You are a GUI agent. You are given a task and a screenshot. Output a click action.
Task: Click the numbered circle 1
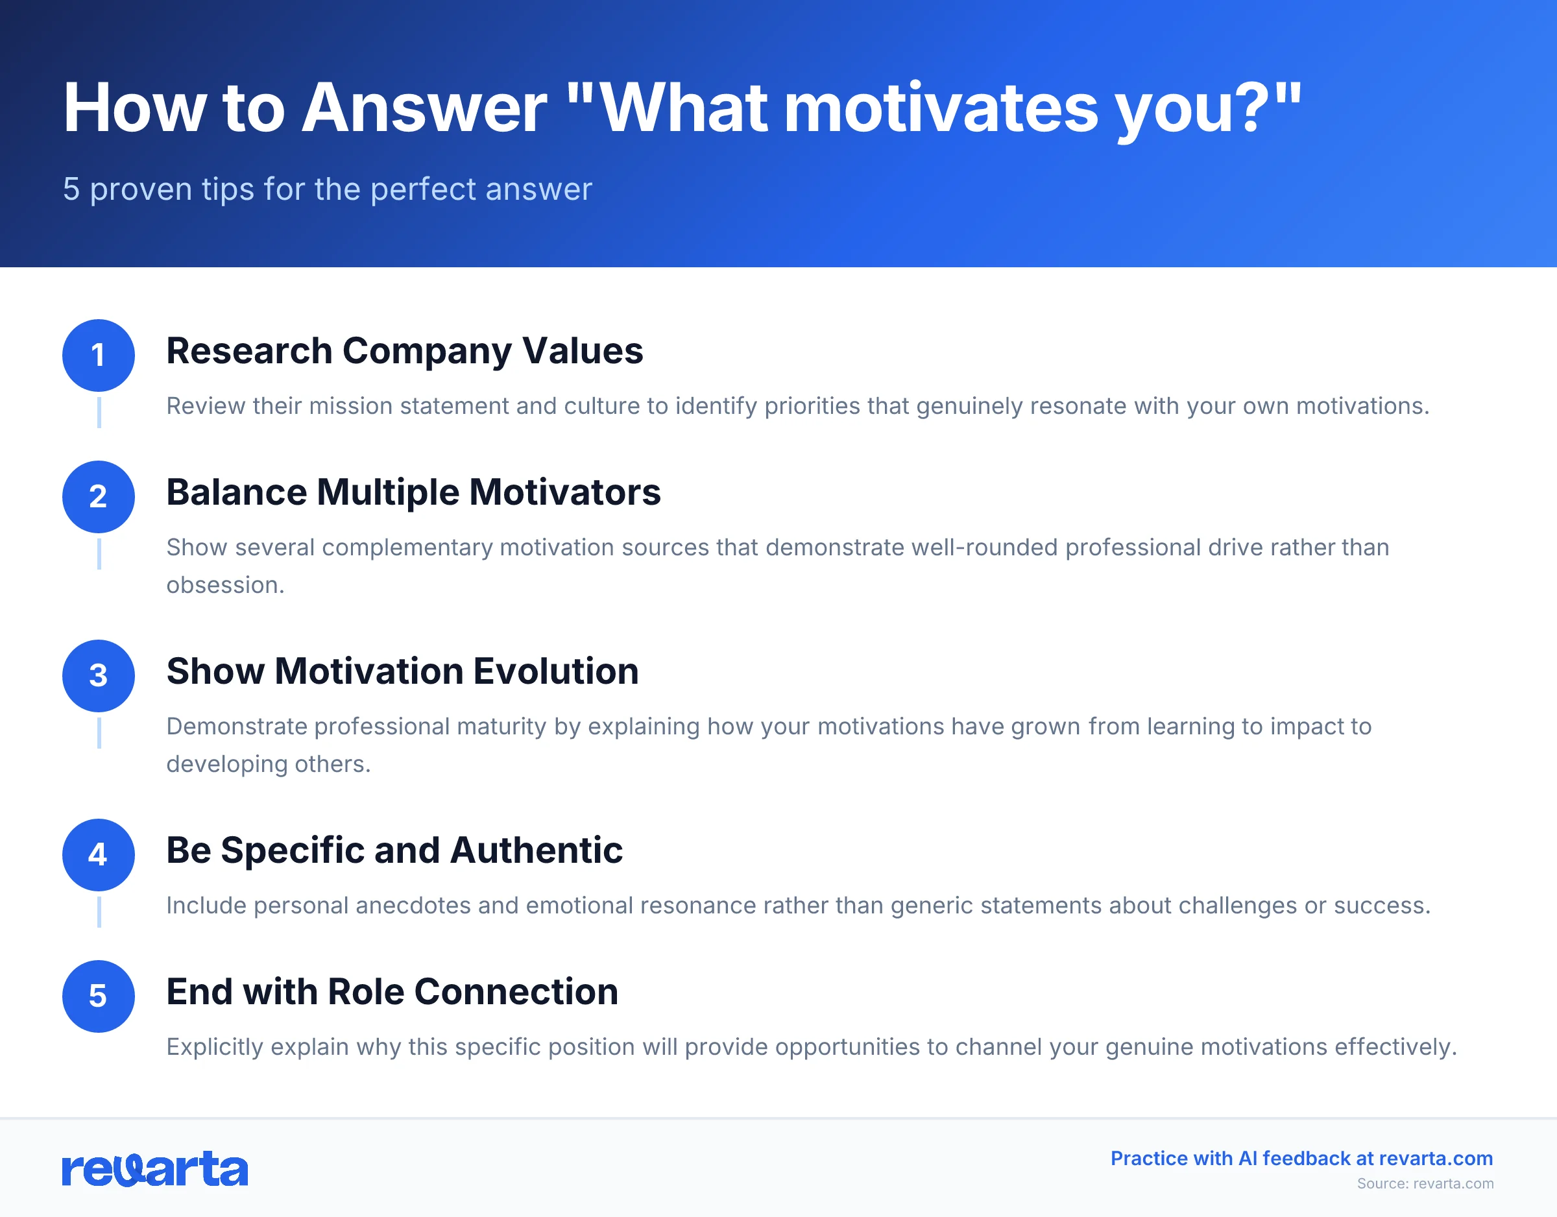(99, 355)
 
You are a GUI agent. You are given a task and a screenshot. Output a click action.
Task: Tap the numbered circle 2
(99, 496)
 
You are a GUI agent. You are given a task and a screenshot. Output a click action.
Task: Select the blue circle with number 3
(99, 675)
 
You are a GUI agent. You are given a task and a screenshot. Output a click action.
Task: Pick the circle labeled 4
(99, 854)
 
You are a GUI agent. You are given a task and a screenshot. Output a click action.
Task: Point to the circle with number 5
(99, 996)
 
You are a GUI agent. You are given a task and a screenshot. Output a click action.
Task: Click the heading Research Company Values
(404, 351)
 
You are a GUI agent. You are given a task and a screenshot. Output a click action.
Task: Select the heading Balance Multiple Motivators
(413, 492)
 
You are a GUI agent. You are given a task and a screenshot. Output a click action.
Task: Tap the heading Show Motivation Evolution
(402, 671)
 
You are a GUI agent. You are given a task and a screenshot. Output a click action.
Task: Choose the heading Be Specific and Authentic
(394, 850)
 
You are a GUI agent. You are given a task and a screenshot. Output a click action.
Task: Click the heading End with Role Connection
(392, 992)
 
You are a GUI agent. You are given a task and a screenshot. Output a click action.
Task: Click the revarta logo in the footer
(154, 1169)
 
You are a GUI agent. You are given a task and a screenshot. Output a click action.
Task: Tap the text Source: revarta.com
(1425, 1183)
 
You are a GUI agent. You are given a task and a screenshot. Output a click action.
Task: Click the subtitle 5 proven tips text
(327, 189)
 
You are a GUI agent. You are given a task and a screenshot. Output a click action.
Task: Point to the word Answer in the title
(424, 108)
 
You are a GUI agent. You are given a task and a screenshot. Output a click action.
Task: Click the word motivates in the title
(941, 108)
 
